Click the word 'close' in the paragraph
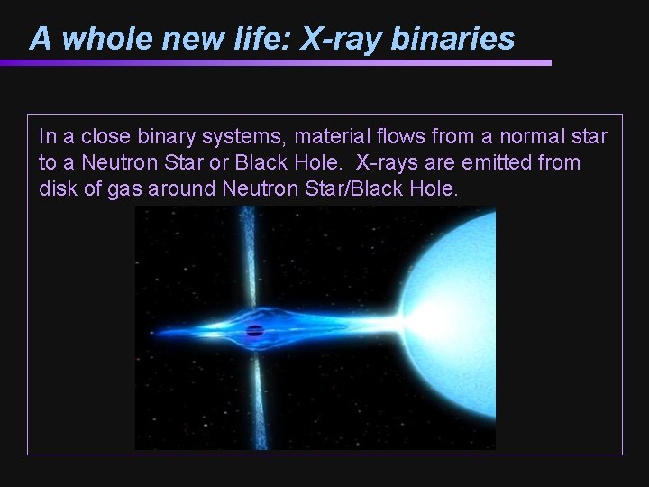[107, 137]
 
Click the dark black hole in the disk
[254, 330]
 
